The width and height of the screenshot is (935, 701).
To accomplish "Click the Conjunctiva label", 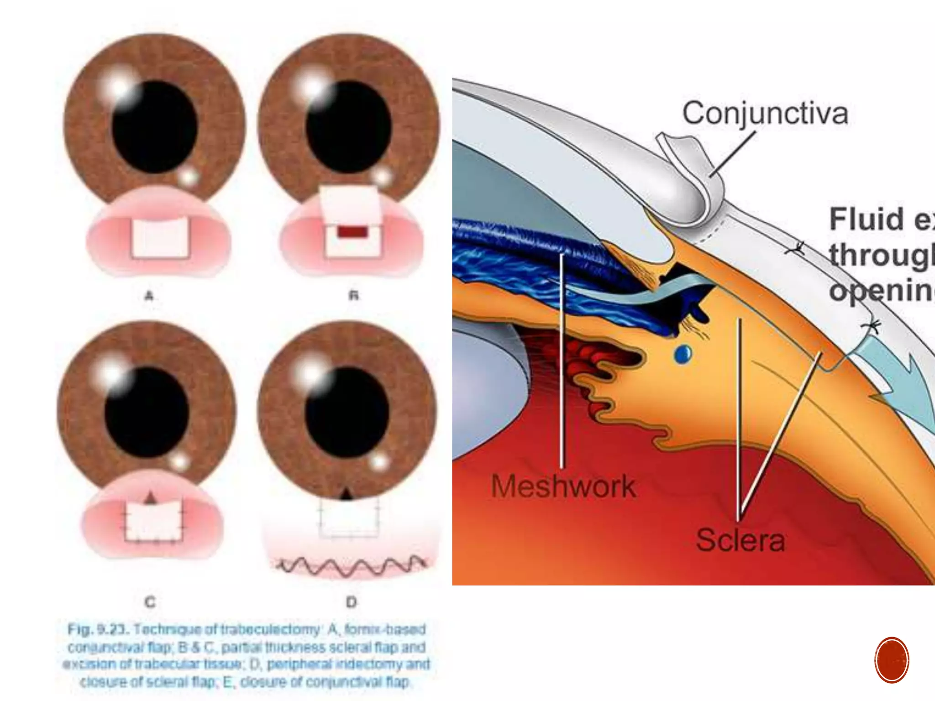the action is tap(765, 113).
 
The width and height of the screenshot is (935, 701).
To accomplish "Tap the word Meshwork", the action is tap(563, 486).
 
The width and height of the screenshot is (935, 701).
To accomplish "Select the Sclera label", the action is tap(740, 540).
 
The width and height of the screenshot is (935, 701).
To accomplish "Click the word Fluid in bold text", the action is tap(866, 219).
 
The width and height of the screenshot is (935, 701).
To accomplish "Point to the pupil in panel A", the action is tap(154, 127).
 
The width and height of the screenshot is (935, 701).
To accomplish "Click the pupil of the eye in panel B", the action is tap(348, 127).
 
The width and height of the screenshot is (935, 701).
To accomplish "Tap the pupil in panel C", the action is tap(147, 413).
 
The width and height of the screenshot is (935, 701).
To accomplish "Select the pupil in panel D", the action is tap(347, 413).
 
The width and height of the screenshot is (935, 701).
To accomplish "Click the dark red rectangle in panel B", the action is tap(352, 232).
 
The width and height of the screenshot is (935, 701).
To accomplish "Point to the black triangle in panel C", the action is tap(150, 498).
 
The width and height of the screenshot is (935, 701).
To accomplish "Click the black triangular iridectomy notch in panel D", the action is tap(347, 494).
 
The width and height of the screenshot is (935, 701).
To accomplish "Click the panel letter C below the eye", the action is tap(150, 602).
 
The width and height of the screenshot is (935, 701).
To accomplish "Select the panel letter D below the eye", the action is tap(351, 602).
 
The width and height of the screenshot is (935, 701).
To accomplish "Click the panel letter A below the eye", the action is tap(149, 296).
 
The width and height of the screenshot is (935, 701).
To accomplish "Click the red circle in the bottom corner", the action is tap(892, 660).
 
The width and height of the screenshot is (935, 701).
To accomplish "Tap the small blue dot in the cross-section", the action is tap(683, 354).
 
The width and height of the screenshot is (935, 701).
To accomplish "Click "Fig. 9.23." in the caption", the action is tap(98, 629).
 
